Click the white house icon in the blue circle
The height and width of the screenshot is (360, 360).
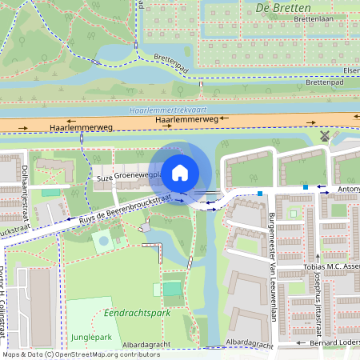point(180,171)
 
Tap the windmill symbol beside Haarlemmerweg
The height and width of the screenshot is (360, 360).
point(325,136)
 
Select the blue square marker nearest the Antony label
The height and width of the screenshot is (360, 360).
point(305,187)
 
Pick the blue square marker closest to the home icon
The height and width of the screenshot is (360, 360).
point(260,193)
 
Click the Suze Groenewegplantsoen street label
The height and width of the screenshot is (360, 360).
point(129,176)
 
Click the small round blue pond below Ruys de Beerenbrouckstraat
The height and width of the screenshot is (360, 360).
point(102,239)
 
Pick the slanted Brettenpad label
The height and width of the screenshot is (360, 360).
point(162,61)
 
